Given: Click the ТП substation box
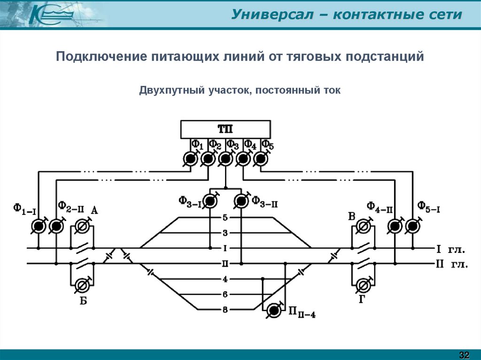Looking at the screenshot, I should tap(225, 129).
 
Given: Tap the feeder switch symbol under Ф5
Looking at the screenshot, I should tap(261, 160).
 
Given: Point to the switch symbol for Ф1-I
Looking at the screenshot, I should tap(38, 227).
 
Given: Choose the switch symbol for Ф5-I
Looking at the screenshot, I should tap(412, 227).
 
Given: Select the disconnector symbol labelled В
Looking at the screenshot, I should tap(363, 227).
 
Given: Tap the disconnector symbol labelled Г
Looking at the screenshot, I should tap(363, 285).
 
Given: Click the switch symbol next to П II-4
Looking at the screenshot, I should tap(274, 310).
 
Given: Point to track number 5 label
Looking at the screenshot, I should tap(225, 218).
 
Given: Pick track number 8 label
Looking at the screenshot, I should tap(225, 309).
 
